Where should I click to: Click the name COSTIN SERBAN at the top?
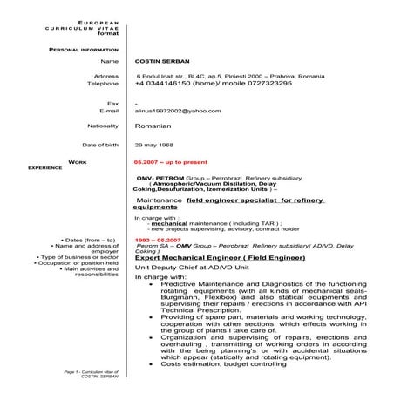point(160,63)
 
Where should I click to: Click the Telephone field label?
point(102,84)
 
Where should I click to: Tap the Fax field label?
point(111,103)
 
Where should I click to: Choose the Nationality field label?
point(97,126)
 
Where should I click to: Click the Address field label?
point(105,76)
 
